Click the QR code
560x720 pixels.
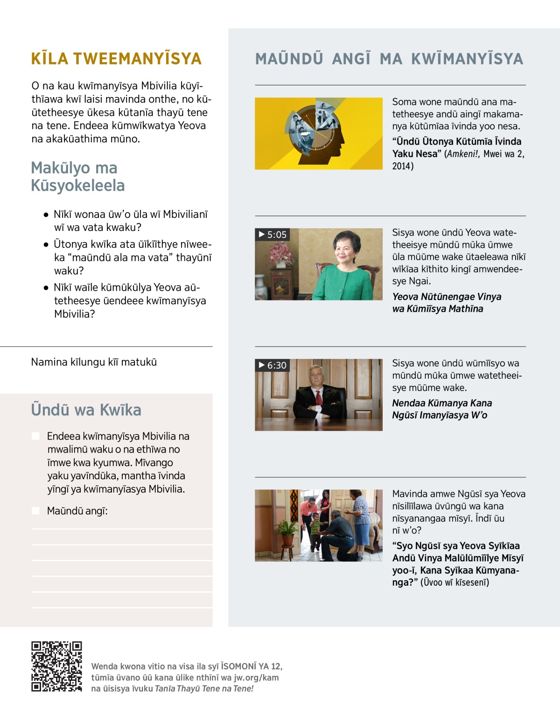56,666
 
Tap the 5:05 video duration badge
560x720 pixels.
273,235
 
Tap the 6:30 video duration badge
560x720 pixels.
273,365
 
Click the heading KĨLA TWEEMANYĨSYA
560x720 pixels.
116,59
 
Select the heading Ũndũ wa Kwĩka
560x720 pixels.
86,410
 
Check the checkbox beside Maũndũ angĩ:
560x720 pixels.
35,510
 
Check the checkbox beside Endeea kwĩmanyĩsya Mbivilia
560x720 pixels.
35,436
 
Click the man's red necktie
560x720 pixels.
319,398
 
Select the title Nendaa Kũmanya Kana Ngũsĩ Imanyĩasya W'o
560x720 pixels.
441,409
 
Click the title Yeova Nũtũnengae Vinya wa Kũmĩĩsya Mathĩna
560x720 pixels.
447,303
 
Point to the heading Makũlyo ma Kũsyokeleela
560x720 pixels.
77,176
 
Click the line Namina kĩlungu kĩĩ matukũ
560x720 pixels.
94,362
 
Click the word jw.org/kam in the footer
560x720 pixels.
256,678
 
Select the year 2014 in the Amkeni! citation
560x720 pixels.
402,166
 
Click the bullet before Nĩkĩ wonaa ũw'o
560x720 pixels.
46,215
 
